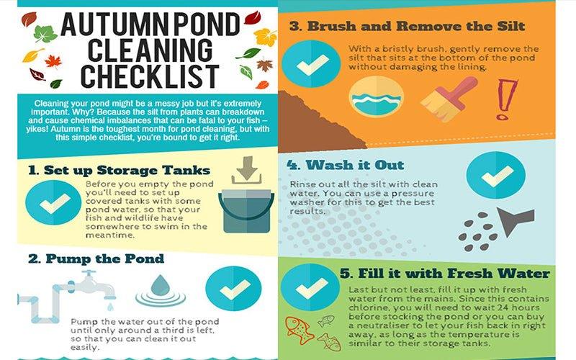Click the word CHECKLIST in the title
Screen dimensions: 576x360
click(150, 76)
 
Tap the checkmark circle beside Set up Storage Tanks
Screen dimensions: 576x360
click(53, 203)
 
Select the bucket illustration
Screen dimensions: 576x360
click(246, 211)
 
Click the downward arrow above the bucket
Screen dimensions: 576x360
click(246, 170)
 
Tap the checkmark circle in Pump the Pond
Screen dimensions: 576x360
click(233, 289)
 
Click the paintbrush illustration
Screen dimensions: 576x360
click(449, 99)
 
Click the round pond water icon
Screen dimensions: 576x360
click(376, 97)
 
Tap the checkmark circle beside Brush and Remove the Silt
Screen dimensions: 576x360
click(311, 64)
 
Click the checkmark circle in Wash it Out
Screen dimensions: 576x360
click(496, 175)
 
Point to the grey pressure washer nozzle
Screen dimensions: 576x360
click(513, 220)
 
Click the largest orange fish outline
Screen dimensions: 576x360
click(299, 330)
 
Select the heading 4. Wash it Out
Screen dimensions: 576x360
click(346, 165)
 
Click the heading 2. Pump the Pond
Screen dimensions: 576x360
click(96, 258)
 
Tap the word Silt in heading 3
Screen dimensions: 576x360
click(511, 26)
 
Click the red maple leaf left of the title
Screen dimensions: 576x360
click(53, 61)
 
